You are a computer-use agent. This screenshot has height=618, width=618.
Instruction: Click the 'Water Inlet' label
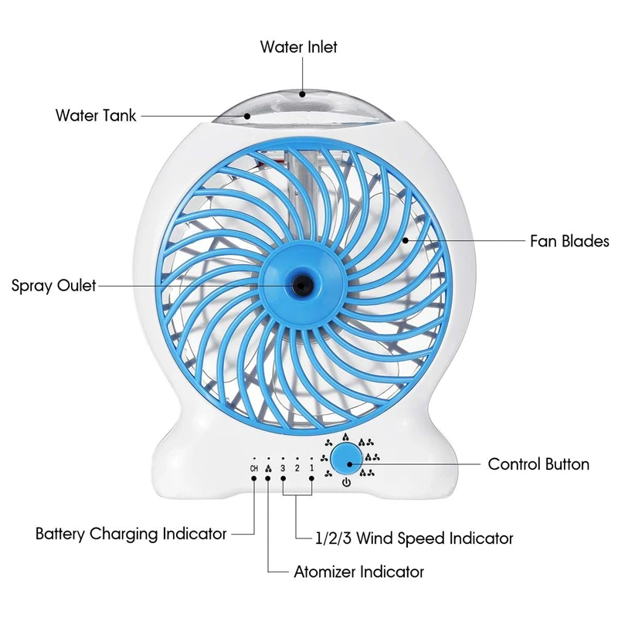click(298, 47)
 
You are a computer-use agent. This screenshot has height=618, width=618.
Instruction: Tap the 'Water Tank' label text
click(96, 115)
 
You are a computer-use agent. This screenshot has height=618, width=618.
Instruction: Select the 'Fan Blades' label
click(569, 241)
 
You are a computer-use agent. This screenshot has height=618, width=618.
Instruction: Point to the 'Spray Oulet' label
click(53, 285)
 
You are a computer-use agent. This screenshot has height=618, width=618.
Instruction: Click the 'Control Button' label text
click(538, 464)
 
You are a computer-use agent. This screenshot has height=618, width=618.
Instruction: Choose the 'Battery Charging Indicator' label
click(131, 534)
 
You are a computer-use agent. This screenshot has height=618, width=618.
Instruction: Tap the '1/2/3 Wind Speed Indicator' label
click(414, 538)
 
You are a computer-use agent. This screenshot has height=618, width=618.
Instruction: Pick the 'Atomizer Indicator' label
click(359, 572)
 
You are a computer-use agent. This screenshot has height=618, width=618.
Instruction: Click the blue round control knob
click(346, 458)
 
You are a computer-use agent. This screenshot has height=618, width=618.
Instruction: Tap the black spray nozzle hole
click(301, 285)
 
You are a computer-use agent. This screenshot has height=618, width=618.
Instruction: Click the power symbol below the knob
click(346, 482)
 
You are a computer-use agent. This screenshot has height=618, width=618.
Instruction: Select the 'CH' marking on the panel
click(254, 468)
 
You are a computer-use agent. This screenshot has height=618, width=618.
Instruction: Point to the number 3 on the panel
click(283, 468)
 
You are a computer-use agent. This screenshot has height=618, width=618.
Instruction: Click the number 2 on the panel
click(297, 468)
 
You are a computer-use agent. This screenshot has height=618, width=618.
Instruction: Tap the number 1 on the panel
click(312, 468)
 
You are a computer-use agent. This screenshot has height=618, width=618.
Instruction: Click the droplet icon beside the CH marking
click(268, 469)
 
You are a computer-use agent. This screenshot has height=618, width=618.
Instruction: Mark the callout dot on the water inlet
click(302, 93)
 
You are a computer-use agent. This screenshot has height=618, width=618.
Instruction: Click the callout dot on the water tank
click(247, 116)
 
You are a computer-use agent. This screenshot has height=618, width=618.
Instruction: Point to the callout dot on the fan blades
click(405, 240)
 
